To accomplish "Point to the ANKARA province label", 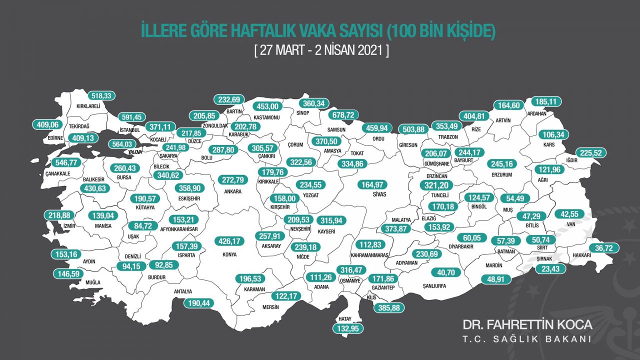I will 233,191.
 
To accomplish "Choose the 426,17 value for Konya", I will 226,241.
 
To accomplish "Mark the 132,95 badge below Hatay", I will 347,328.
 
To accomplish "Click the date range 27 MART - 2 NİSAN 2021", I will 320,51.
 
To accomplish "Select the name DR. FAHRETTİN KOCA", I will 527,324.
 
